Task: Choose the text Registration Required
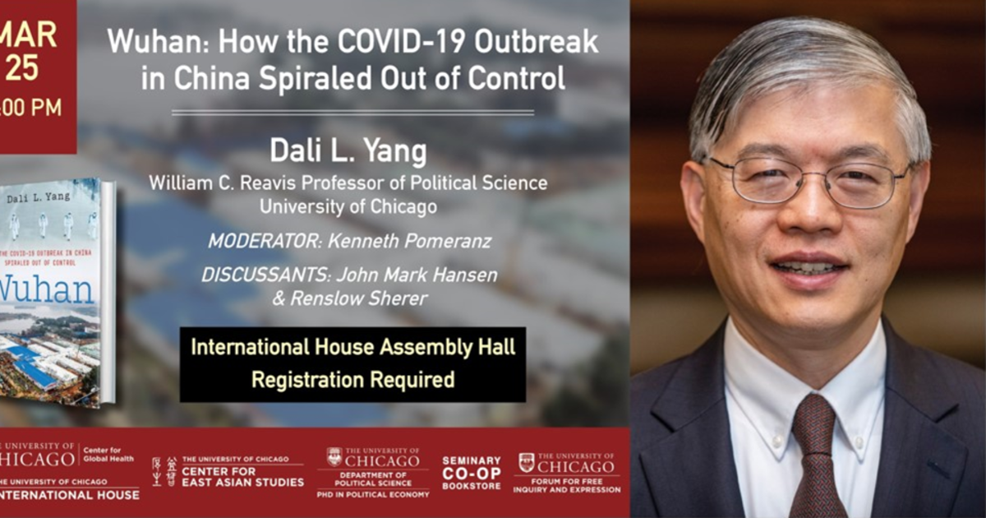click(352, 380)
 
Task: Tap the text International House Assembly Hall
click(352, 347)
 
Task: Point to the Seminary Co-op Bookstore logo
click(472, 473)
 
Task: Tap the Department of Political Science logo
click(373, 473)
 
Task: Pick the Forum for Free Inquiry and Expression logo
click(567, 473)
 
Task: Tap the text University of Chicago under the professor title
click(348, 207)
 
